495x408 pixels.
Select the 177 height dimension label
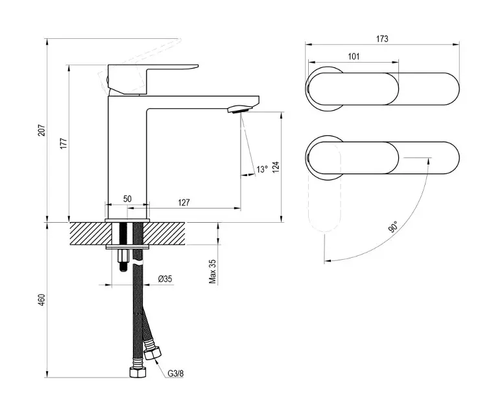point(63,144)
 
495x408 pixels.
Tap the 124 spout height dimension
point(276,166)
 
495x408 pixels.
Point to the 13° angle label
point(261,170)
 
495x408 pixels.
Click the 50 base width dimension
point(127,199)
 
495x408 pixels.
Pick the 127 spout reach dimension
point(184,202)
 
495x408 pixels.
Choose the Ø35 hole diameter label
point(165,280)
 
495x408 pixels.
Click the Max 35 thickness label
point(212,272)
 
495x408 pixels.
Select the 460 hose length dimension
point(41,300)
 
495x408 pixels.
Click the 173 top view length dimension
point(382,39)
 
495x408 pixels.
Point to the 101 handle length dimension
point(354,57)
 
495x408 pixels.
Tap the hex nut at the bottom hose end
point(138,374)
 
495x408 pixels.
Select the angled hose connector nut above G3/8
point(153,354)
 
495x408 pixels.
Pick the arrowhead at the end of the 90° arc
point(329,261)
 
